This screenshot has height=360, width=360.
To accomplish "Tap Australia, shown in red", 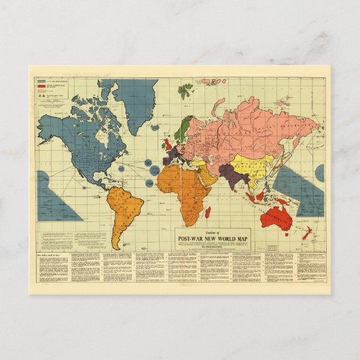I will [278, 216].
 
